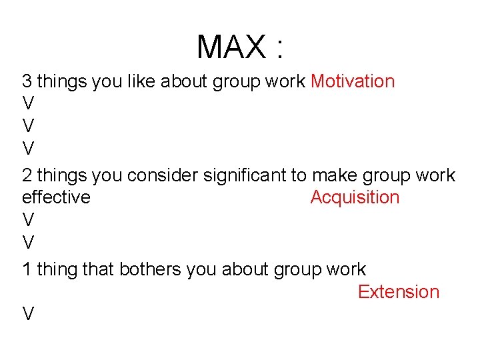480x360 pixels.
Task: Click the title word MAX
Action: point(231,47)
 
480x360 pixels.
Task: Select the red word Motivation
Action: point(353,82)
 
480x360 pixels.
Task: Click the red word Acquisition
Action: point(355,197)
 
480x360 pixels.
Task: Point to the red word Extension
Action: point(399,292)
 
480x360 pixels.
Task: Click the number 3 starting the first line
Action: point(27,82)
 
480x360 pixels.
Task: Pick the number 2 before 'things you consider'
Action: point(27,176)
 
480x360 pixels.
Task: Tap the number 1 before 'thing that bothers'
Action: point(27,270)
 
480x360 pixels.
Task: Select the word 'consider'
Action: point(162,176)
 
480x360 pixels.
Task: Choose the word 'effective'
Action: point(56,197)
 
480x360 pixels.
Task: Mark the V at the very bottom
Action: point(28,314)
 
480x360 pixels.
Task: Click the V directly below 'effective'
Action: point(28,220)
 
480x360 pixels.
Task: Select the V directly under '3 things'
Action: point(28,104)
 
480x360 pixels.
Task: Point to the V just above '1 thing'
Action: point(28,241)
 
